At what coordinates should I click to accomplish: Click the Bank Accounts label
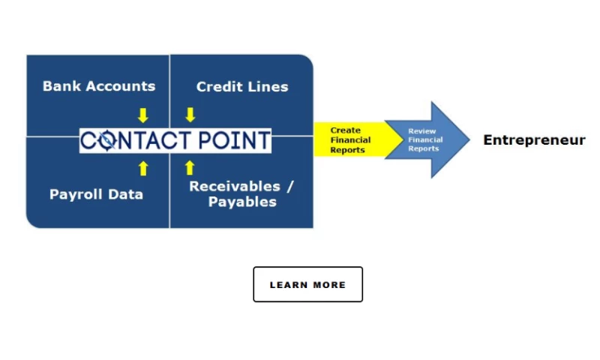99,85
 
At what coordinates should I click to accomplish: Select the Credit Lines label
241,87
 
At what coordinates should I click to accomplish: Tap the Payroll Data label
96,194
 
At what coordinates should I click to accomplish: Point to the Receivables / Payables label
241,194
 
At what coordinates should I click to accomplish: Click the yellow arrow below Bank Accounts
142,115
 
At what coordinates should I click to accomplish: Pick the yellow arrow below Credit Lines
190,115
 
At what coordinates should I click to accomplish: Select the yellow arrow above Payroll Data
143,168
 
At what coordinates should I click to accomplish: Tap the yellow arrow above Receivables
190,167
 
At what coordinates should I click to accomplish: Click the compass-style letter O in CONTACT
107,140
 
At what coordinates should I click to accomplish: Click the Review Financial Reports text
425,140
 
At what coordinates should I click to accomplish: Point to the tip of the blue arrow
466,140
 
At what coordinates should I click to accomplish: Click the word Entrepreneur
534,140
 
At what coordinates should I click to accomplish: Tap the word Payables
241,202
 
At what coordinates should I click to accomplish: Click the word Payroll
74,194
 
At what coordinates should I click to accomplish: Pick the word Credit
219,87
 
